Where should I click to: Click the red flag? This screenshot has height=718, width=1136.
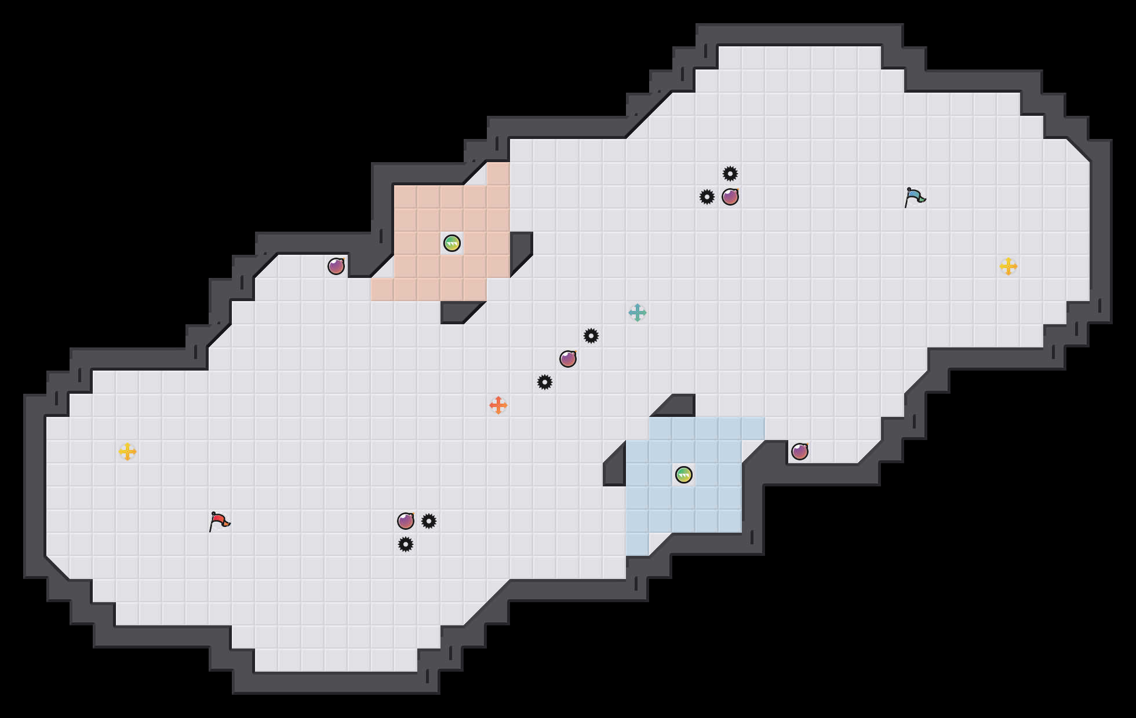[x=219, y=521]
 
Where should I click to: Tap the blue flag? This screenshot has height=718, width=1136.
[x=915, y=197]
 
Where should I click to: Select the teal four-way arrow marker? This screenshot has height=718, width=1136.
[x=638, y=313]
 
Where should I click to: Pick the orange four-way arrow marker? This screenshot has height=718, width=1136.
[x=498, y=405]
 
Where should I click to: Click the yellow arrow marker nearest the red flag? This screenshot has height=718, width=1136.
[x=128, y=452]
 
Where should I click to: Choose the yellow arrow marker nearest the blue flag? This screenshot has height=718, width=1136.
[x=1008, y=266]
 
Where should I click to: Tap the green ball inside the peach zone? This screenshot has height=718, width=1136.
[x=452, y=243]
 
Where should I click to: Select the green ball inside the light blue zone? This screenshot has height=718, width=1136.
[x=684, y=475]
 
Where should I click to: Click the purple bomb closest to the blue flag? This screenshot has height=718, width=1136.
[x=730, y=197]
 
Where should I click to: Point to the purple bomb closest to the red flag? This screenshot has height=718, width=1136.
[x=406, y=521]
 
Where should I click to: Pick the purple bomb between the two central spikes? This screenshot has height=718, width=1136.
[x=568, y=359]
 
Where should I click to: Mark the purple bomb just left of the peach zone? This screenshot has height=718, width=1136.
[x=336, y=266]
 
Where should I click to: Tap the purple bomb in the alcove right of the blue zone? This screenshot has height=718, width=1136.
[x=800, y=452]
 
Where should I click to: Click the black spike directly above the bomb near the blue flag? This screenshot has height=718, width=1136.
[x=730, y=174]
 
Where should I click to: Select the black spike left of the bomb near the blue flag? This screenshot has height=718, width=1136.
[x=707, y=197]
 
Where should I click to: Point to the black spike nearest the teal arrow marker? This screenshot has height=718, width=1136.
[x=591, y=336]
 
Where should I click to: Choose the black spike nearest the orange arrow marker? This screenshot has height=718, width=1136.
[x=545, y=382]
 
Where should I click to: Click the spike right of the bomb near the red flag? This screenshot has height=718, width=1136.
[x=429, y=521]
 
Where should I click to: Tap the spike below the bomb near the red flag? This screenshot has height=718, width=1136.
[x=406, y=544]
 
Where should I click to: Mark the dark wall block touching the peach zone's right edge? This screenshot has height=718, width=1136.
[x=520, y=249]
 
